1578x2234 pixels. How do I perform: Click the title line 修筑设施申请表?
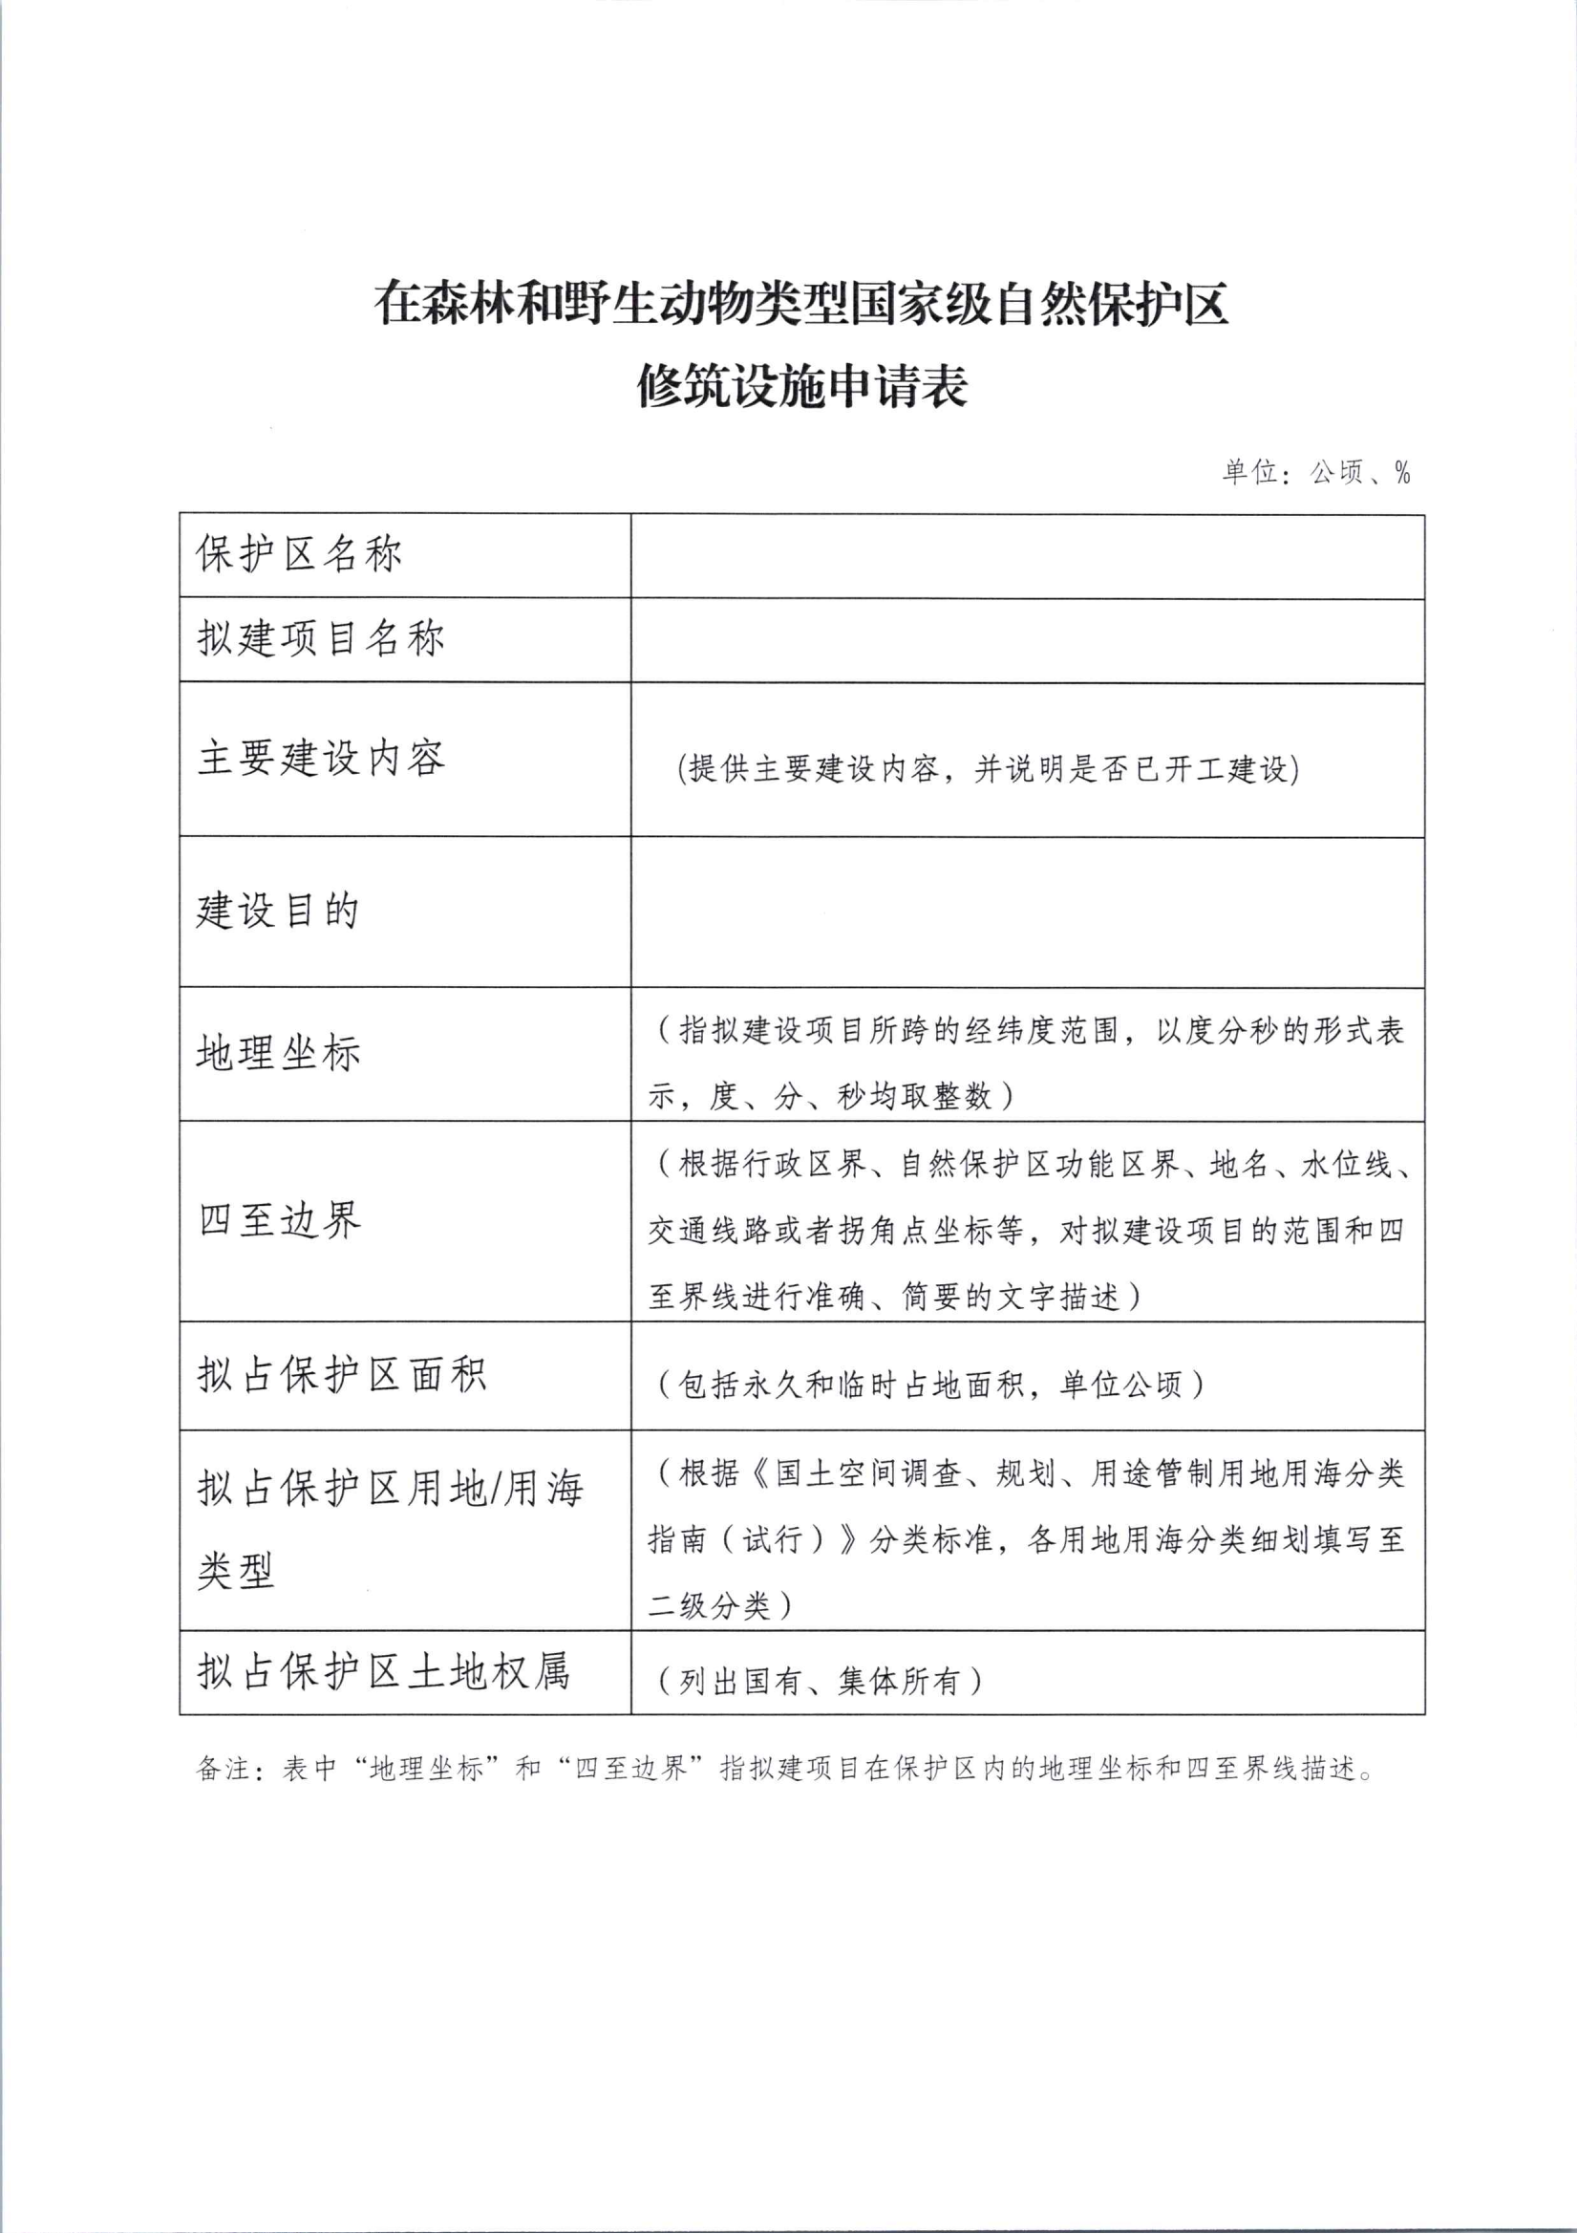(x=801, y=386)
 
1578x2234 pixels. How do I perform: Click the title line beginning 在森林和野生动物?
(x=801, y=304)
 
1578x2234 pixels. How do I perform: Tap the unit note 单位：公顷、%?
(x=1315, y=473)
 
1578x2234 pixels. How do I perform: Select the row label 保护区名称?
(x=300, y=554)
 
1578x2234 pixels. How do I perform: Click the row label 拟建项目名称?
(x=321, y=639)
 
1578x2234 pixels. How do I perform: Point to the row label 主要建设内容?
(x=321, y=758)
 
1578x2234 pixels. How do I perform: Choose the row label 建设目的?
(x=278, y=911)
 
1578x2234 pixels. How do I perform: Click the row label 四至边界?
(x=279, y=1220)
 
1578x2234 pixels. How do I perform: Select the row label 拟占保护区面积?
(x=341, y=1375)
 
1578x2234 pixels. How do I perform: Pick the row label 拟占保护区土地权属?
(x=383, y=1671)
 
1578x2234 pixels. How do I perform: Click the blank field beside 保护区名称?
(x=1028, y=556)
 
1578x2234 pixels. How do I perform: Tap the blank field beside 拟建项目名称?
(x=1028, y=640)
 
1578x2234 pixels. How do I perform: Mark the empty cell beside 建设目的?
(x=1028, y=913)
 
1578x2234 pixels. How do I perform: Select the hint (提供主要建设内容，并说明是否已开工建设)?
(x=989, y=768)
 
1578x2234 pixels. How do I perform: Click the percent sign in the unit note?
(x=1402, y=473)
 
